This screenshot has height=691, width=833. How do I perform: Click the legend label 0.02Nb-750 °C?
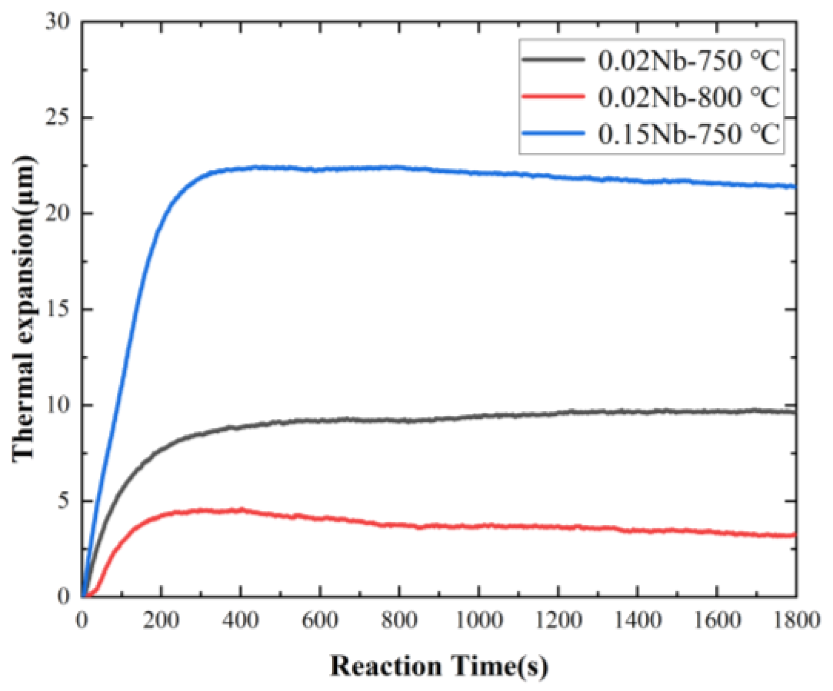(x=688, y=61)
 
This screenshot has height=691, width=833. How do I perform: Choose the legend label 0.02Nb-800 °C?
(x=688, y=97)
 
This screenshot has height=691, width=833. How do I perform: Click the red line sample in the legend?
(x=553, y=96)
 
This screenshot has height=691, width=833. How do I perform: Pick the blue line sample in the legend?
(x=553, y=133)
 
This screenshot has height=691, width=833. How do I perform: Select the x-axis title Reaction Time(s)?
(x=439, y=666)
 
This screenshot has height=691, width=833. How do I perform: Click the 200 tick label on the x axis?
(x=161, y=620)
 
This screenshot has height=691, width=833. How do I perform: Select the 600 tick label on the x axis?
(x=319, y=620)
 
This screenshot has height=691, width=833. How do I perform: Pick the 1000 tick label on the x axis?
(x=478, y=620)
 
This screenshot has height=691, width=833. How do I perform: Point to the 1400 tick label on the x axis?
(x=637, y=620)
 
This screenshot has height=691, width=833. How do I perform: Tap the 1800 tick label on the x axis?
(x=795, y=620)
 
